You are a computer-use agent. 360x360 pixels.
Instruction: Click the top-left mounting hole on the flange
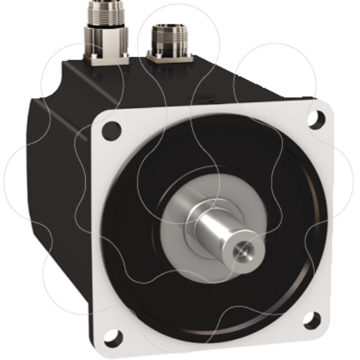pos(112,129)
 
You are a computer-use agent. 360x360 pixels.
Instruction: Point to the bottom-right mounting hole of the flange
pos(312,321)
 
